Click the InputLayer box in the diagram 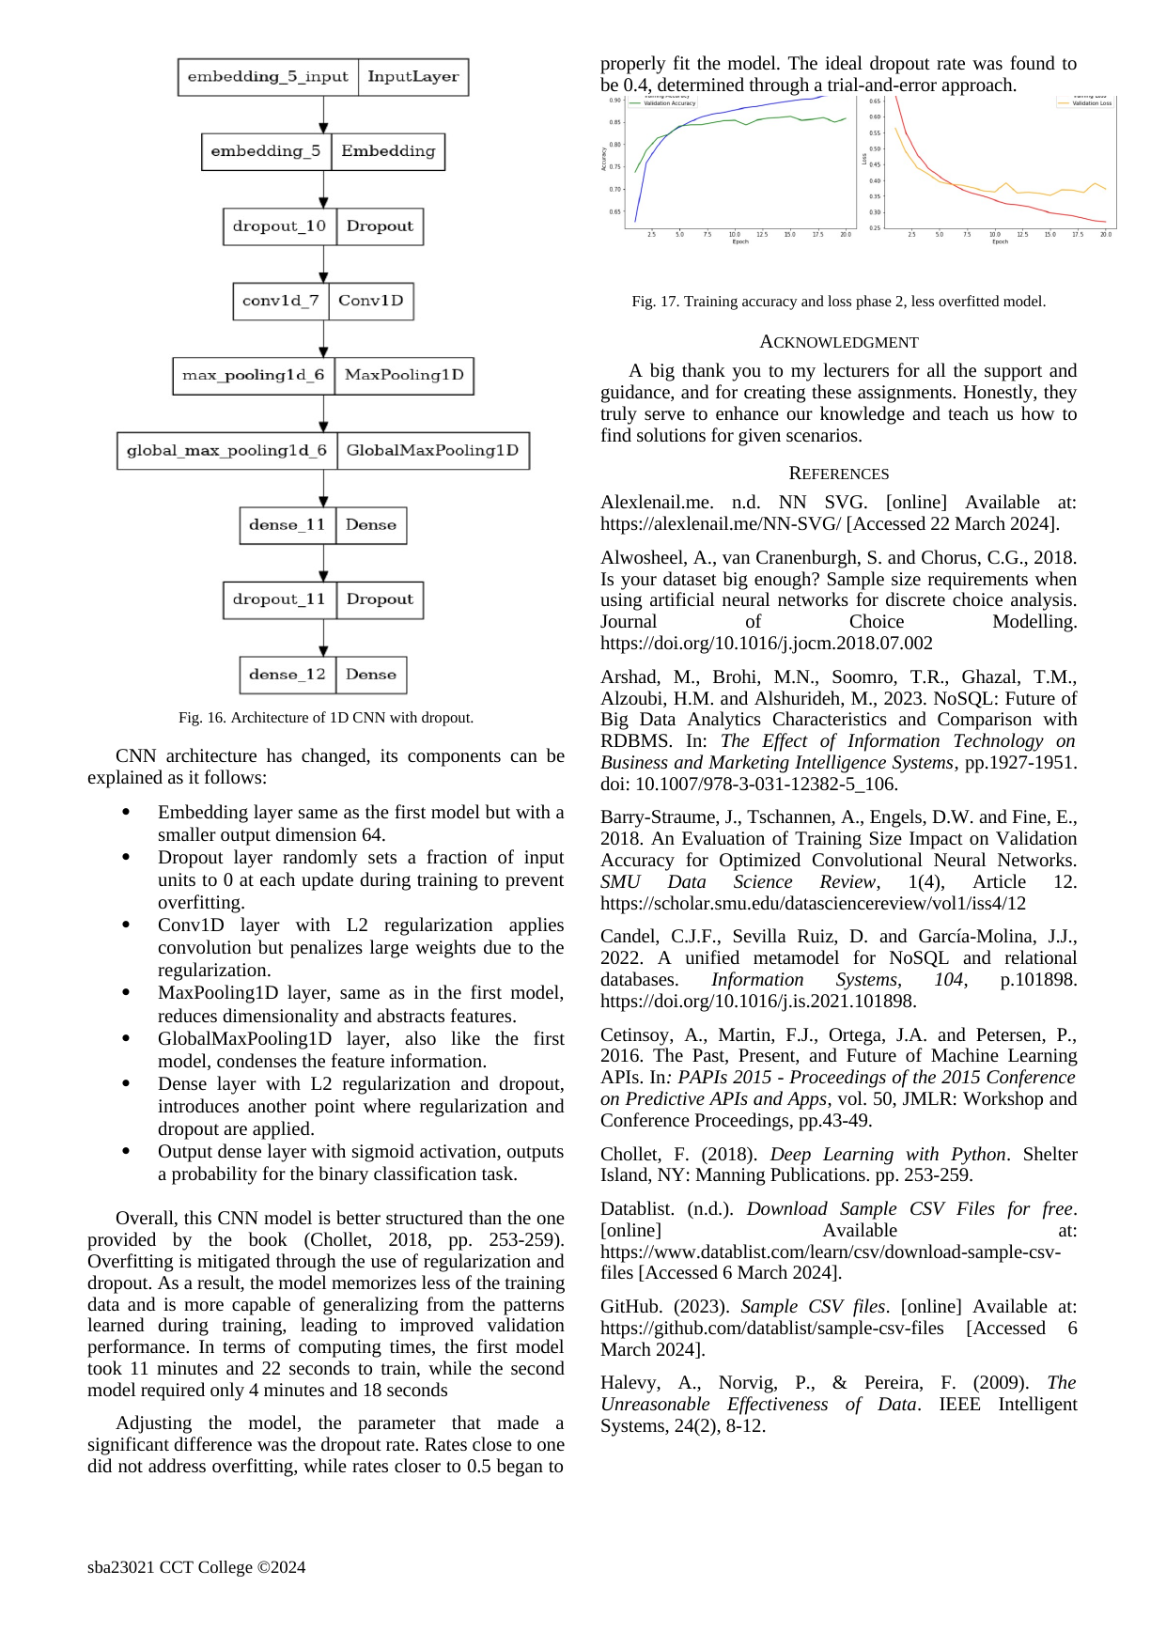pyautogui.click(x=413, y=77)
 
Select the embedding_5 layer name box pyautogui.click(x=266, y=151)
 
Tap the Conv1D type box pyautogui.click(x=371, y=301)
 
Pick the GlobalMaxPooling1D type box pyautogui.click(x=432, y=450)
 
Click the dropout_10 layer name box pyautogui.click(x=279, y=226)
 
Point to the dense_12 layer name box pyautogui.click(x=288, y=675)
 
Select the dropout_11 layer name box pyautogui.click(x=279, y=599)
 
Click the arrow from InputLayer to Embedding pyautogui.click(x=324, y=115)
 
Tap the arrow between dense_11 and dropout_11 pyautogui.click(x=324, y=563)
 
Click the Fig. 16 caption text pyautogui.click(x=326, y=718)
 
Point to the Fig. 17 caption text pyautogui.click(x=838, y=302)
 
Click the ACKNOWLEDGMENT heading pyautogui.click(x=839, y=342)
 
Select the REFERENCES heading pyautogui.click(x=839, y=474)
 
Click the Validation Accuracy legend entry pyautogui.click(x=669, y=103)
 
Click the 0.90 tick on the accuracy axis pyautogui.click(x=614, y=100)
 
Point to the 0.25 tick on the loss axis pyautogui.click(x=875, y=227)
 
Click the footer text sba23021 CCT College pyautogui.click(x=196, y=1567)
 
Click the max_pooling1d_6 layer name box pyautogui.click(x=253, y=375)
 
